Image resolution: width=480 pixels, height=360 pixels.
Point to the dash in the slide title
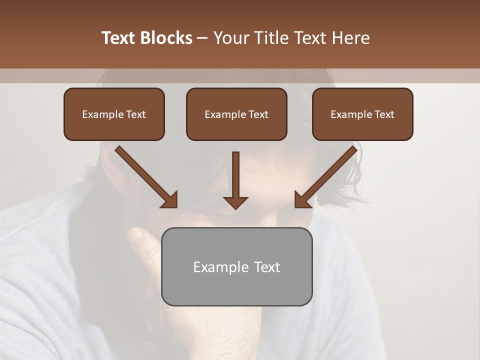tap(202, 38)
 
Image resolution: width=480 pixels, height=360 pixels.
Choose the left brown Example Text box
tap(114, 114)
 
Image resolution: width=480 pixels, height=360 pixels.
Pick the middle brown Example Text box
tap(236, 114)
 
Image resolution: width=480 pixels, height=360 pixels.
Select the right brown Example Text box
tap(362, 114)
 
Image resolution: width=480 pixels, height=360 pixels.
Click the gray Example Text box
tap(236, 266)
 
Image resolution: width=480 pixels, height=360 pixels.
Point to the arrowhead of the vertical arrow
tap(235, 202)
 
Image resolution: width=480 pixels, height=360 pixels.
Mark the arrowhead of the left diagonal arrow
tap(170, 200)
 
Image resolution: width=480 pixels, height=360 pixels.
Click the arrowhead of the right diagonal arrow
tap(302, 200)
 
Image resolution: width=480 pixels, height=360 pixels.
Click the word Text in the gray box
tap(267, 267)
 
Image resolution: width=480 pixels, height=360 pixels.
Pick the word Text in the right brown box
tap(384, 114)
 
